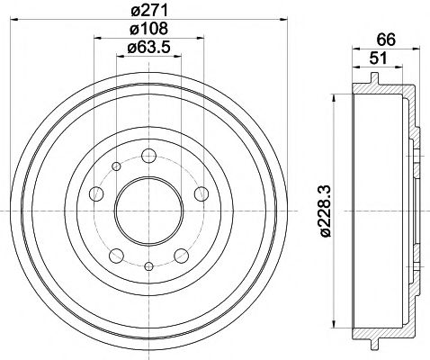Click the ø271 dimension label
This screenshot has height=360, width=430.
coord(148,10)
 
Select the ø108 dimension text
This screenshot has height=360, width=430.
coord(148,31)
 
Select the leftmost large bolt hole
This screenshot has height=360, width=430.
coord(95,194)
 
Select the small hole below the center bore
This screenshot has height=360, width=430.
coord(148,265)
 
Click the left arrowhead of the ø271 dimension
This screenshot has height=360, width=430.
coord(22,20)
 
